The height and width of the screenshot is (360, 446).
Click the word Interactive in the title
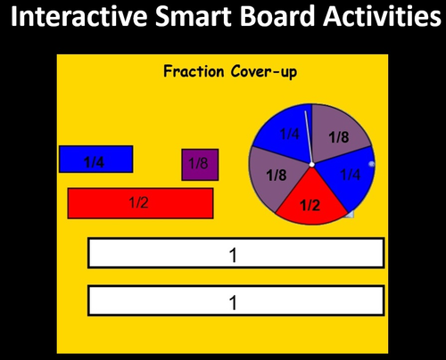point(78,20)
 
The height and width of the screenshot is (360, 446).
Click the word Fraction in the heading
point(194,71)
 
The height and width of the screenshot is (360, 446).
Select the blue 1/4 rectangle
point(95,160)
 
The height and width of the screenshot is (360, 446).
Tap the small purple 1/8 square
point(200,165)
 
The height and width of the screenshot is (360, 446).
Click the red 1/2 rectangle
point(140,202)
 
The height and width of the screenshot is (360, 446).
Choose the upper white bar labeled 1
point(235,253)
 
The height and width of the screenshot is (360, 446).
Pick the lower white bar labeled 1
point(235,300)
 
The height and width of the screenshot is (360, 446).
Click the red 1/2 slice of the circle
point(310,203)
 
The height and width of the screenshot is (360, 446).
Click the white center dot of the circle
point(311,165)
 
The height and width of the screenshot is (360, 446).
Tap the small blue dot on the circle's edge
point(370,163)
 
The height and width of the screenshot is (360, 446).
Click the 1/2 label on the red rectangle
point(138,202)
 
